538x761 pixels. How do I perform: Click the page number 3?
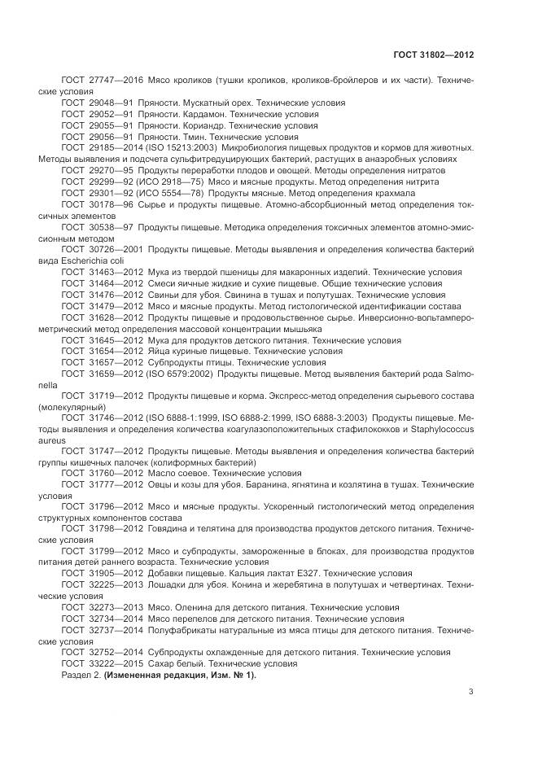coord(471,692)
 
